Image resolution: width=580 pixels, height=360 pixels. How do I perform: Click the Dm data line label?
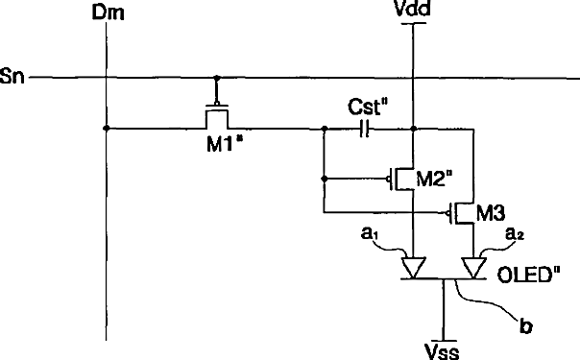click(108, 12)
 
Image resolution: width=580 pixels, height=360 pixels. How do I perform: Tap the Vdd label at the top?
click(413, 9)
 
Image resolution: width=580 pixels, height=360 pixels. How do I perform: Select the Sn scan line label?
click(12, 76)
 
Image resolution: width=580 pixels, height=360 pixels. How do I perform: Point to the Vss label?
click(443, 351)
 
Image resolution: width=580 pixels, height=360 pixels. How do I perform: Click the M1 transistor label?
click(224, 143)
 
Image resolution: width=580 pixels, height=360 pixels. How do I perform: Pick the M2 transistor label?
click(434, 179)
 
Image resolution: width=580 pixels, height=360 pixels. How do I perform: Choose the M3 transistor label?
click(491, 213)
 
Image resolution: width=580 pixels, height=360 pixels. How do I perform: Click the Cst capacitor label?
click(369, 108)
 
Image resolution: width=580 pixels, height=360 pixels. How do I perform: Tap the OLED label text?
click(528, 275)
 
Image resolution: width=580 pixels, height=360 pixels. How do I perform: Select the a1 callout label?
click(369, 234)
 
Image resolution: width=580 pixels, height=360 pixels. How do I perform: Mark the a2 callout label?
click(515, 234)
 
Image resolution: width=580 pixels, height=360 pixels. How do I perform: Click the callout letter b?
click(525, 326)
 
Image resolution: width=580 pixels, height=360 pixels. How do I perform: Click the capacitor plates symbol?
click(364, 129)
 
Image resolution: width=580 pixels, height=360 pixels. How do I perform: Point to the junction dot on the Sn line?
click(217, 78)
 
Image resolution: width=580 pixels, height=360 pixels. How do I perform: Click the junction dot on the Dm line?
click(107, 129)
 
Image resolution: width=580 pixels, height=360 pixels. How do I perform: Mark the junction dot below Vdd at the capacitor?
click(414, 129)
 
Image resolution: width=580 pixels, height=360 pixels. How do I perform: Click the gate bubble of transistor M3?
click(447, 213)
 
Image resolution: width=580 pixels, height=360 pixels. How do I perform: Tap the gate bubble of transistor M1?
click(217, 103)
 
